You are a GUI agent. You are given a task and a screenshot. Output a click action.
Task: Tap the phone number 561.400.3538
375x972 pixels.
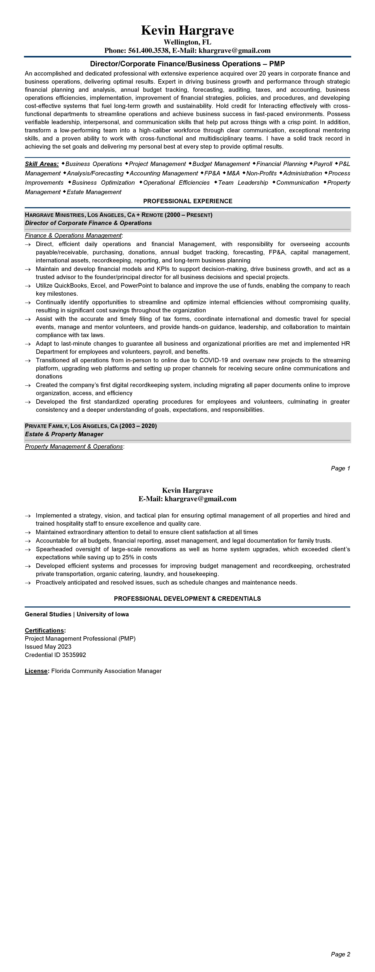[x=149, y=51]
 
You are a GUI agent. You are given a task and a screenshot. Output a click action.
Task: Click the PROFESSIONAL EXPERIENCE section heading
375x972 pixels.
[x=187, y=201]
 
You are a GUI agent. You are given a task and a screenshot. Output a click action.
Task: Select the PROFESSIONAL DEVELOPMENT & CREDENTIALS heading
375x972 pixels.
[x=187, y=599]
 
